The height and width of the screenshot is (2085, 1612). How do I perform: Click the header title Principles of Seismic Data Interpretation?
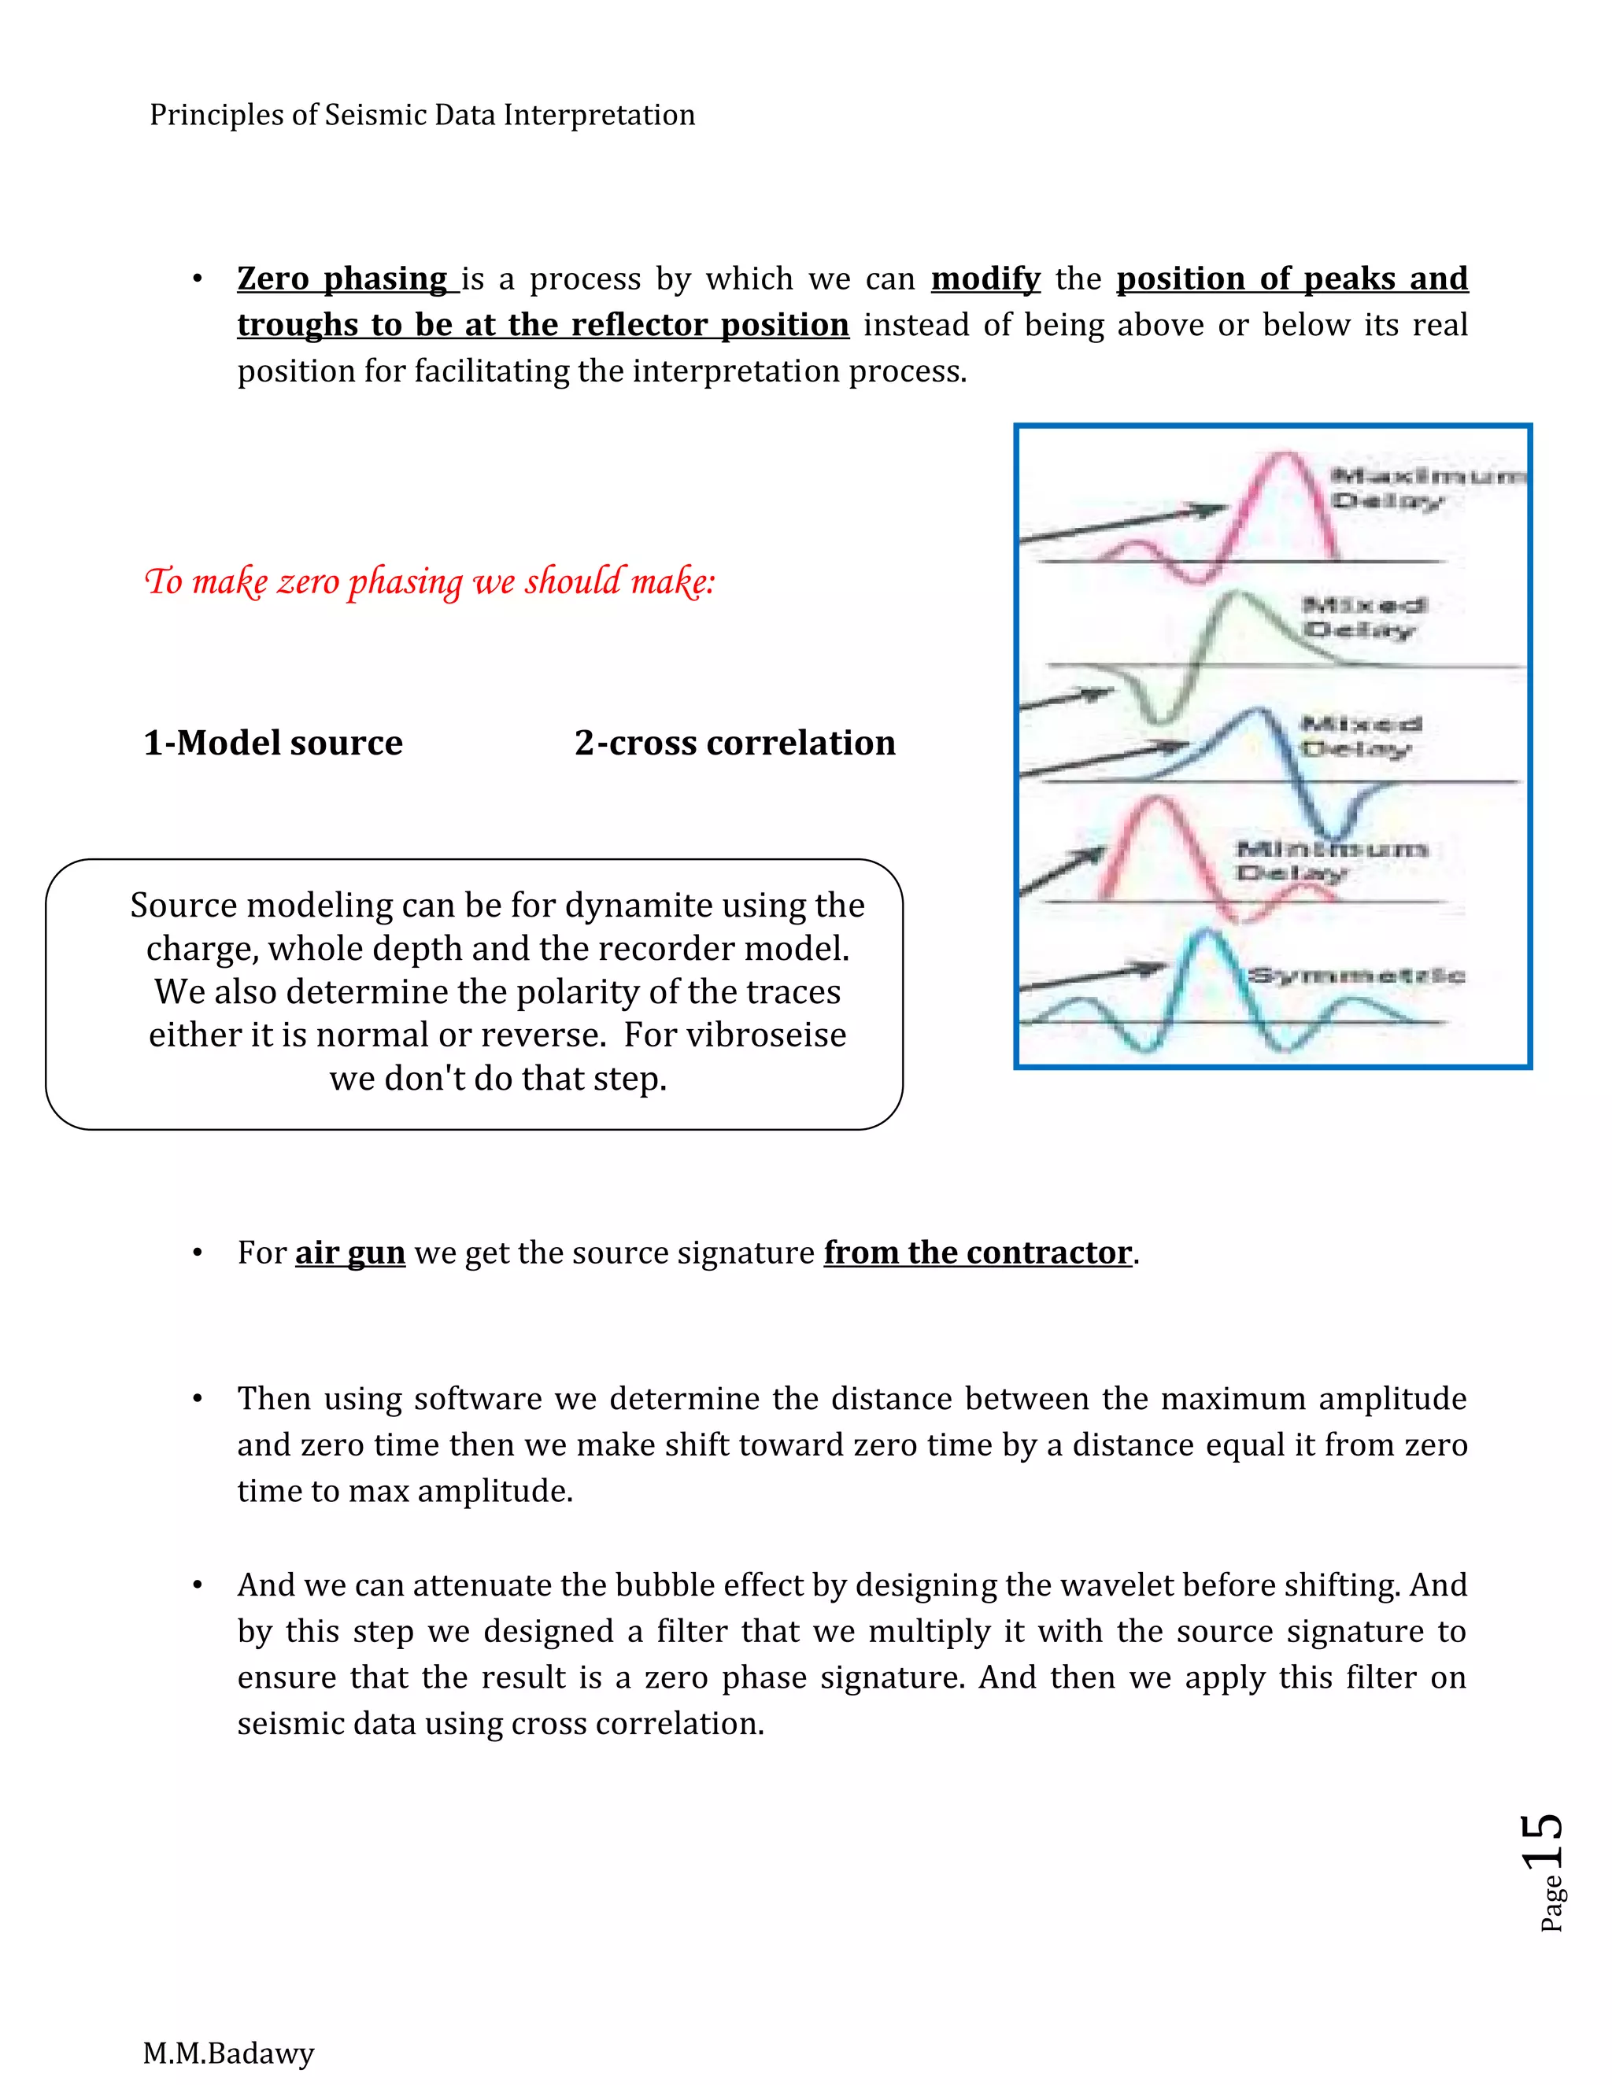(x=422, y=115)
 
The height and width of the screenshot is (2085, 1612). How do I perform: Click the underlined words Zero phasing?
(x=342, y=279)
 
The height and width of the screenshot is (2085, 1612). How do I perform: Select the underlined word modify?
(x=985, y=279)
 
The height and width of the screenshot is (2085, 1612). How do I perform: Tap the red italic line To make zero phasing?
(x=429, y=581)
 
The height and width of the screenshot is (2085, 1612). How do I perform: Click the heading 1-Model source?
(x=273, y=743)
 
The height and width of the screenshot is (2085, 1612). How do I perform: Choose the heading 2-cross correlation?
(x=734, y=743)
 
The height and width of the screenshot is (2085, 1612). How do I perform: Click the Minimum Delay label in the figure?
(x=1327, y=859)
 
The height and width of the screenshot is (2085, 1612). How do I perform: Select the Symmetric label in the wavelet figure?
(x=1356, y=975)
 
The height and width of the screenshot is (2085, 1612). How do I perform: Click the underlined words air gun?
(x=349, y=1253)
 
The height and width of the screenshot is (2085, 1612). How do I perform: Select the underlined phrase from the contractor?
(x=978, y=1253)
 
